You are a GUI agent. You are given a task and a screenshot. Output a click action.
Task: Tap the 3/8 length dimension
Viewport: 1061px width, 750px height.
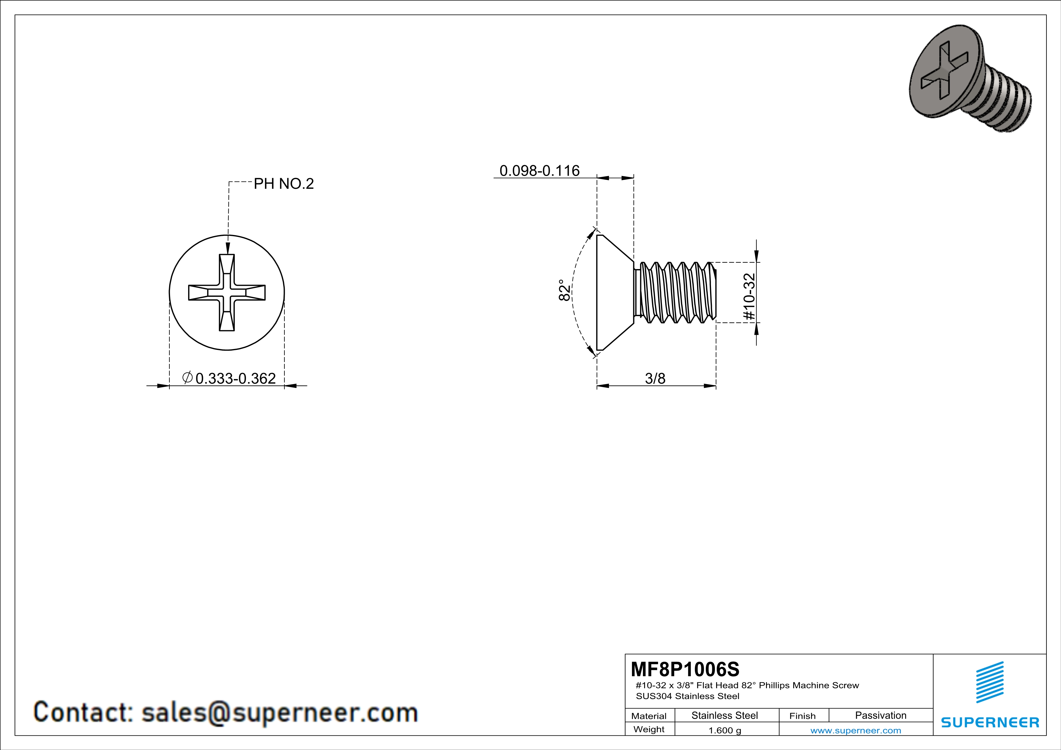(655, 379)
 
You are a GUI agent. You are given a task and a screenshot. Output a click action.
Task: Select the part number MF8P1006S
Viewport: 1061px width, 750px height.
(685, 669)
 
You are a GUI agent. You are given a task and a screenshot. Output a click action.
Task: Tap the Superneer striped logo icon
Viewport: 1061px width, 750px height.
(989, 682)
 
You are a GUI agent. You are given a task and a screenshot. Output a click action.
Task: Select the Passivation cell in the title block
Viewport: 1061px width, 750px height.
(880, 715)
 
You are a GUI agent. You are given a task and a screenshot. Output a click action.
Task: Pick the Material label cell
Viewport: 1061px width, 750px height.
(649, 716)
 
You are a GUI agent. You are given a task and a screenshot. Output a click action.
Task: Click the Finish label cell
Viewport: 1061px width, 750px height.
(802, 716)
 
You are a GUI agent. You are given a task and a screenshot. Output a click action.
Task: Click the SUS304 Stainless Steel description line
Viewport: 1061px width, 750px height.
(688, 696)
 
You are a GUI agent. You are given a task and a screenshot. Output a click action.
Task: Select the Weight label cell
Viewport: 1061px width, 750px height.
(649, 729)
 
